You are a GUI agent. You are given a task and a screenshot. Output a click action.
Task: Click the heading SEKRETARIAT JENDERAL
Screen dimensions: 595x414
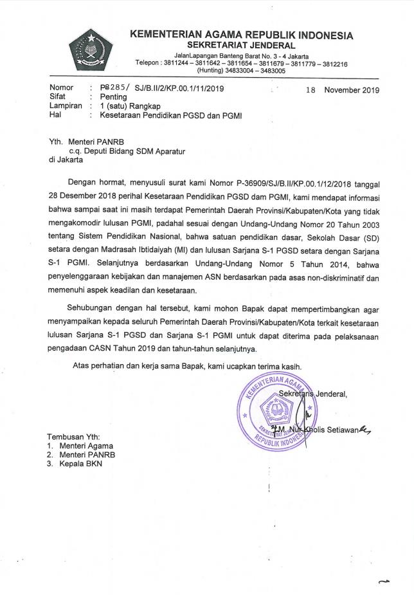(x=241, y=45)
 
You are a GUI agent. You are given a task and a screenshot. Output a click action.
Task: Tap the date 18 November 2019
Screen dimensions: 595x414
(x=343, y=90)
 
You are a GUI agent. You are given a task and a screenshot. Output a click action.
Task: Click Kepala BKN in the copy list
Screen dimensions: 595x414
(x=80, y=463)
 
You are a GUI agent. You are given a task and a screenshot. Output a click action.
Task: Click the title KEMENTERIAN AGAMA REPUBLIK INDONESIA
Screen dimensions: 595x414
(x=241, y=35)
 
